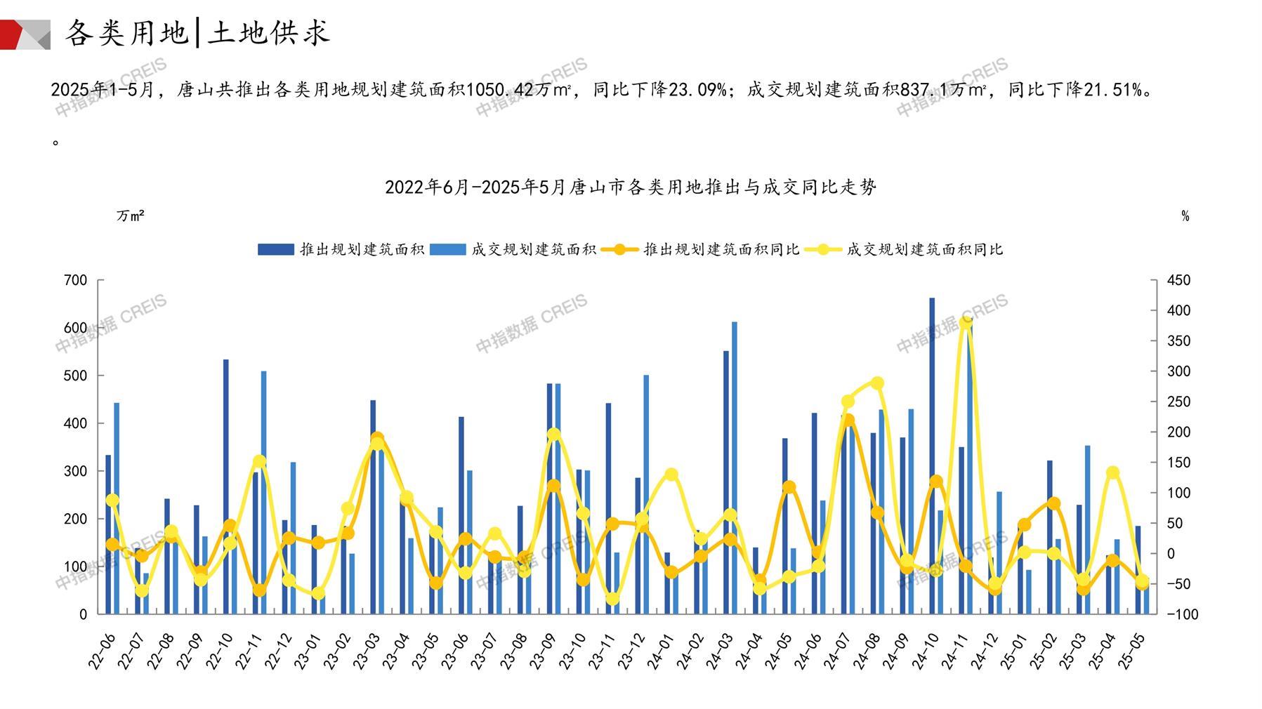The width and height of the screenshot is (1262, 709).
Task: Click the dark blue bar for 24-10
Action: tap(932, 456)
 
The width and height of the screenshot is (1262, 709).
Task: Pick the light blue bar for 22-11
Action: tap(264, 491)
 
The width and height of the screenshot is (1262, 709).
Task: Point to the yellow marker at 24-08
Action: tap(877, 383)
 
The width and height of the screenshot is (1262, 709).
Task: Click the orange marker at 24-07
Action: tap(848, 420)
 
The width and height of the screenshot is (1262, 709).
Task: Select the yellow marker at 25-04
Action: tap(1112, 472)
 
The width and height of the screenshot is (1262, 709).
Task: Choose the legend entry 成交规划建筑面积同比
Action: tap(924, 249)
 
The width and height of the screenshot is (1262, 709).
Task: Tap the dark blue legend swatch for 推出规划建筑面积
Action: tap(275, 249)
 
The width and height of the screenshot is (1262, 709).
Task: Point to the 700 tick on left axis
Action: tap(76, 280)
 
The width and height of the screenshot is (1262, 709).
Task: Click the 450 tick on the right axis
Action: tap(1178, 280)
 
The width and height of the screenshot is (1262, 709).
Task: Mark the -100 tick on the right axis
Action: tap(1182, 614)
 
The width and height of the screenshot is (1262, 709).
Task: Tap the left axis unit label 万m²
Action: tap(131, 216)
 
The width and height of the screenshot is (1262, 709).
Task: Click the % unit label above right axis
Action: tap(1185, 216)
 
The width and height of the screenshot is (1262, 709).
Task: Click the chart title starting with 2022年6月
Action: tap(631, 187)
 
